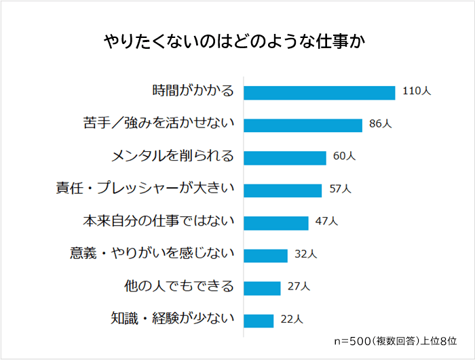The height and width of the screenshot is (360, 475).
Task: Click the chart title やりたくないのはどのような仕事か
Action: pos(237,41)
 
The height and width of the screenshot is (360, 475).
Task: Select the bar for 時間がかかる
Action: pos(319,92)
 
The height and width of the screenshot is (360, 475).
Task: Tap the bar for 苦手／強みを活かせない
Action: pos(303,125)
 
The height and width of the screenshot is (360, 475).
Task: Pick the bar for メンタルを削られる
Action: pos(285,157)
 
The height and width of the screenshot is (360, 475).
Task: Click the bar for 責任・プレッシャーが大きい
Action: pos(282,190)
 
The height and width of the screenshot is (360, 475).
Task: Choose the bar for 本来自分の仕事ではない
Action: pos(276,222)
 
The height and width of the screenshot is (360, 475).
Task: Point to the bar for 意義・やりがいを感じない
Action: pos(265,255)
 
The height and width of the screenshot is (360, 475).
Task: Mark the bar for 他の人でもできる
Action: pos(262,287)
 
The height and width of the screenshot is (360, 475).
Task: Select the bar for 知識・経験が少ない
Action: pos(259,320)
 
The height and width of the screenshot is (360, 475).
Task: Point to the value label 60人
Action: pos(345,156)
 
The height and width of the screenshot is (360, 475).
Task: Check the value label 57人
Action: pos(340,188)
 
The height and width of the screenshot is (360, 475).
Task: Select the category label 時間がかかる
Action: pos(193,92)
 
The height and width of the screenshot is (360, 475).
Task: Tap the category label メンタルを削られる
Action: pos(173,157)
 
